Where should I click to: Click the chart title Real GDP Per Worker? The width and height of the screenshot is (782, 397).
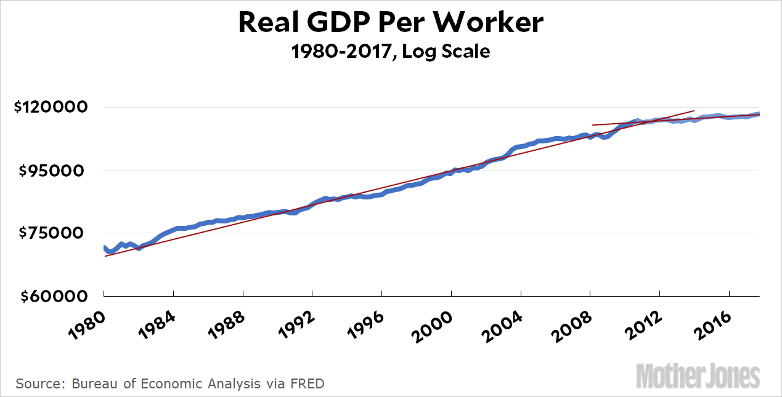coord(391,23)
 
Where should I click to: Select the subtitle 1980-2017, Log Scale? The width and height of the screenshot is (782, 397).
coord(391,52)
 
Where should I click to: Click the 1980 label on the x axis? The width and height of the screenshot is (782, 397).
coord(86,324)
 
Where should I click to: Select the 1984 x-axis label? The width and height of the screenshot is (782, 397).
coord(155,324)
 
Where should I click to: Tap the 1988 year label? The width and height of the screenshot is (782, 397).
coord(225,324)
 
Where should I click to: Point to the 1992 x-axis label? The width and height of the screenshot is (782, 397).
coord(294,324)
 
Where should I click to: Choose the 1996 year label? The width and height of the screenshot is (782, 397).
coord(364,324)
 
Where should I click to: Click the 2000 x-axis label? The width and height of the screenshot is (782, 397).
coord(433,324)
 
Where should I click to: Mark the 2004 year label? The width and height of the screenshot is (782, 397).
coord(502,324)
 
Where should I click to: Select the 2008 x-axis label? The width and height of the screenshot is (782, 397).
coord(572,324)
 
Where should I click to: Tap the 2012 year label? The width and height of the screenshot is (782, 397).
coord(641,324)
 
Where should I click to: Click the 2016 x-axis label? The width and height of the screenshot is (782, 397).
coord(711,324)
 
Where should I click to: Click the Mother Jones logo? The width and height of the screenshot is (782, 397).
coord(698,375)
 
